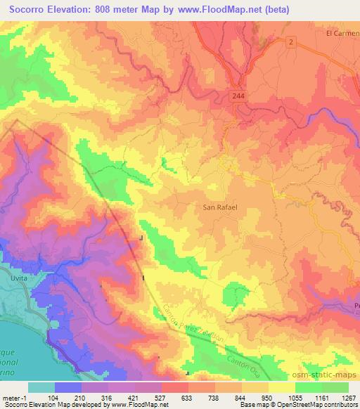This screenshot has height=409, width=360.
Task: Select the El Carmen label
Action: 342,32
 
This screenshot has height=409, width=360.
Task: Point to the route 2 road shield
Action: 289,43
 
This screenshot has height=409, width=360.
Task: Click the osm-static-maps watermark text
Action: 328,376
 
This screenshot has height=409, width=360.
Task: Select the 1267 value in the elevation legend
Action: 347,397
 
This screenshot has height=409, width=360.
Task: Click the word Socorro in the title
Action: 30,9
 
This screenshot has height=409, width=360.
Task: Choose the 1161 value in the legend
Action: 320,397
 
